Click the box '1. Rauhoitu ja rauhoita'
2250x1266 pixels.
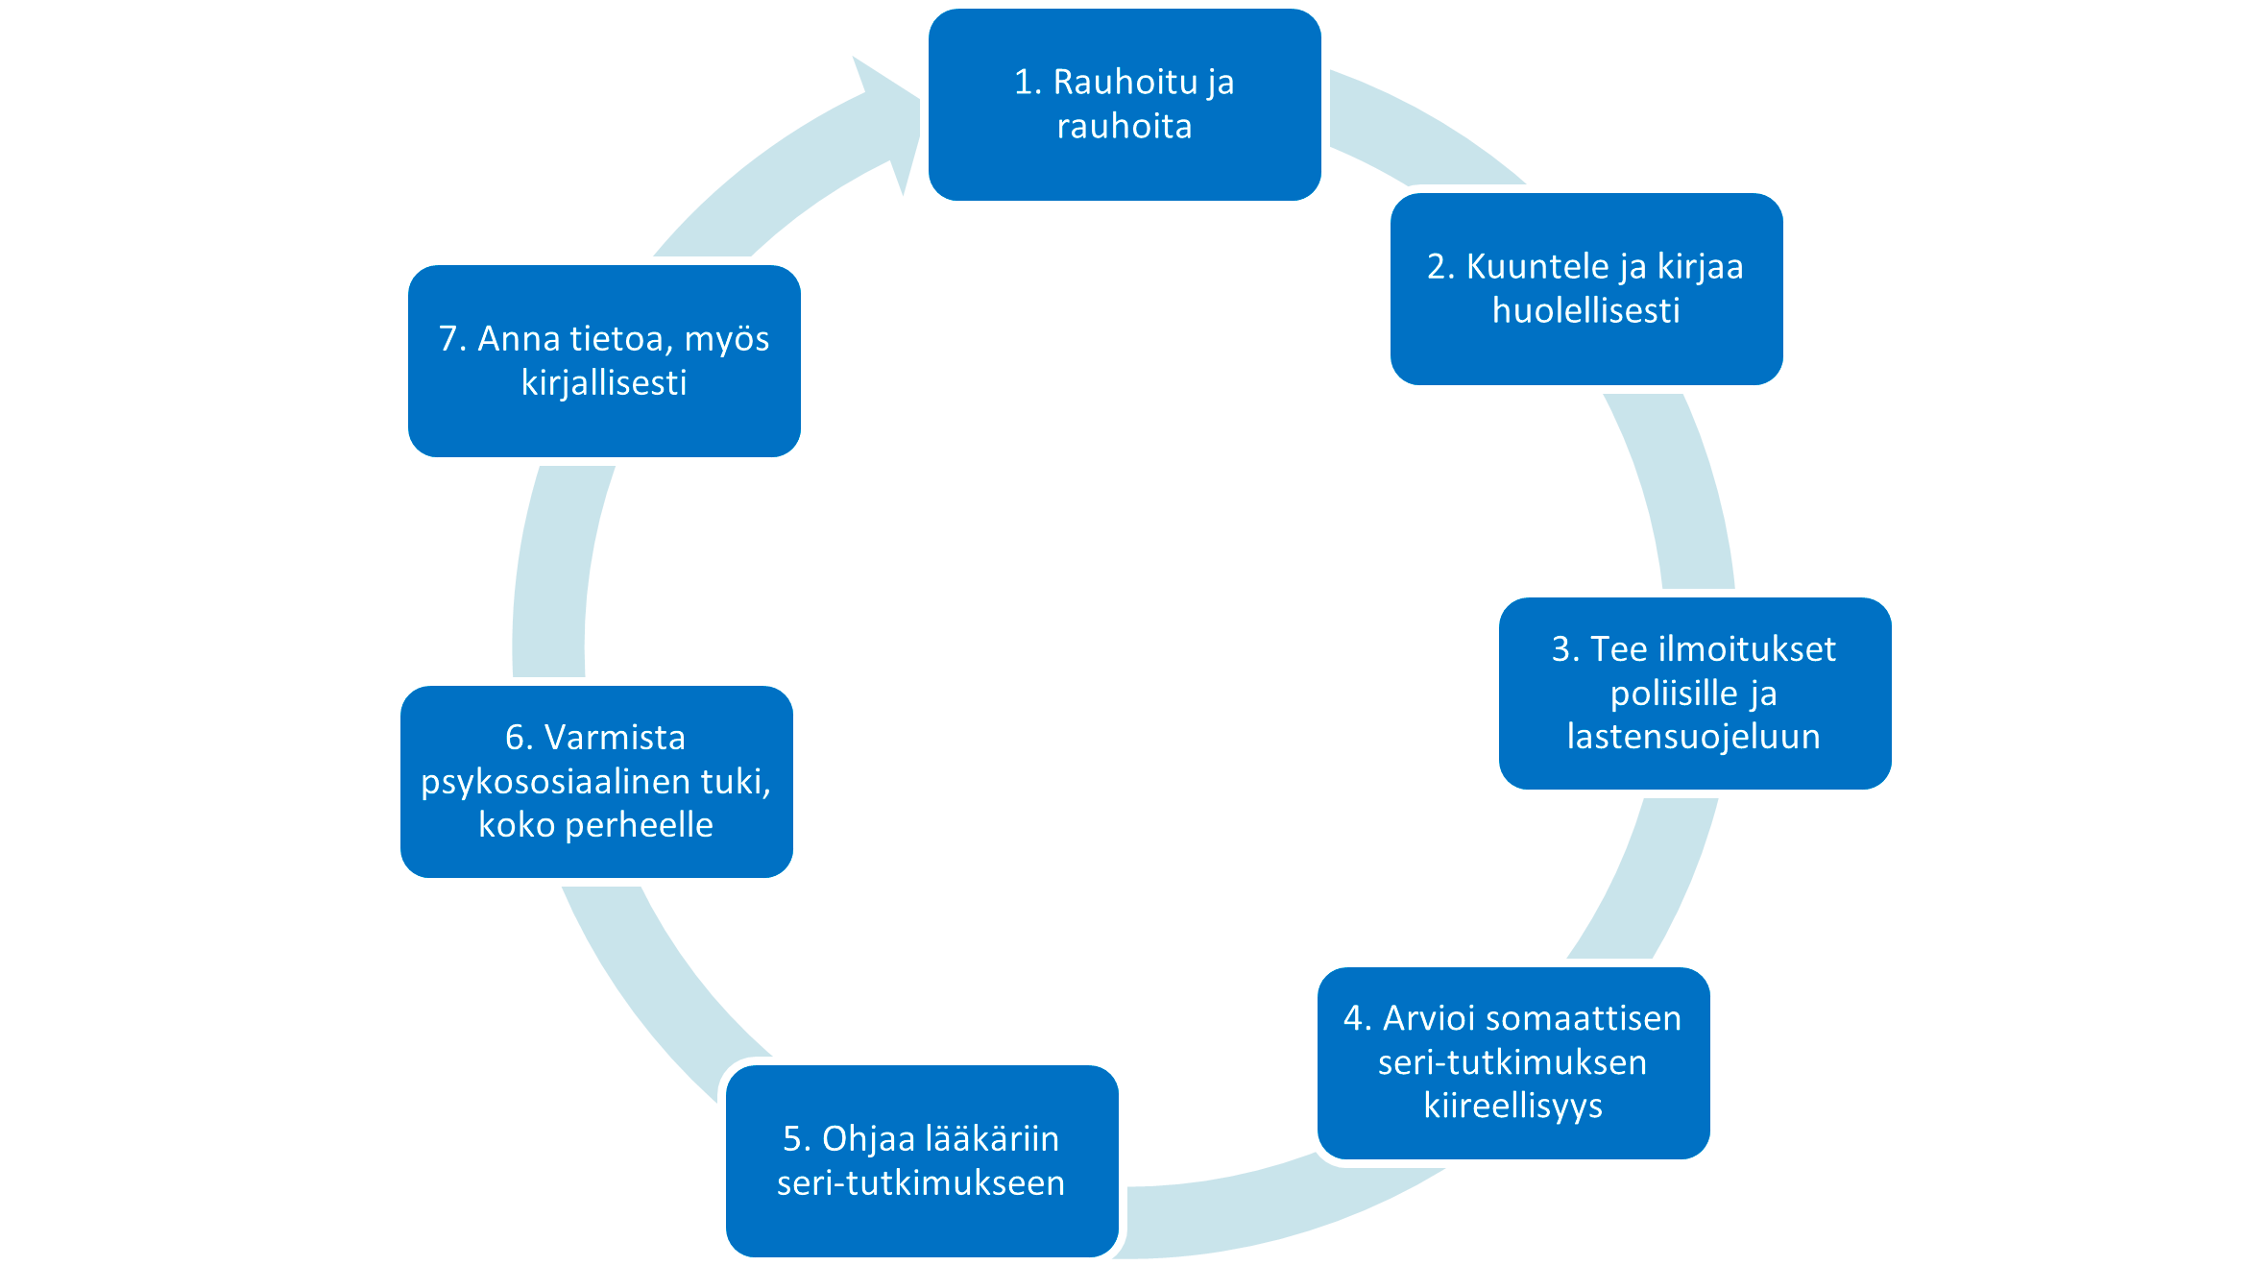coord(1125,105)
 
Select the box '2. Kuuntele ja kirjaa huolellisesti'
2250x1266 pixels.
coord(1586,289)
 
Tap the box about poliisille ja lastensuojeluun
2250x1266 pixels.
coord(1695,694)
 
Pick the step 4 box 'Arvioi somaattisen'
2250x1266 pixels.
coord(1513,1062)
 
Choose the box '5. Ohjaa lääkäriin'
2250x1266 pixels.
coord(922,1160)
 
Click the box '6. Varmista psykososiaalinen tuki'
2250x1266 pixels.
coord(596,781)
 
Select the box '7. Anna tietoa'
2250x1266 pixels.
coord(604,361)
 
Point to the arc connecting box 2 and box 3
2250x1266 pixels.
coord(1676,490)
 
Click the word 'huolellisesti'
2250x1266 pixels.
coord(1586,311)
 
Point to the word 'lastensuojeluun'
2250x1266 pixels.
coord(1694,737)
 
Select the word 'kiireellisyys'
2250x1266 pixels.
coord(1513,1106)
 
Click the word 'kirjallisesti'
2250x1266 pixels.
coord(604,383)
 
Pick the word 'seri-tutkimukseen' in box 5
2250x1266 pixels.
coord(921,1183)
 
